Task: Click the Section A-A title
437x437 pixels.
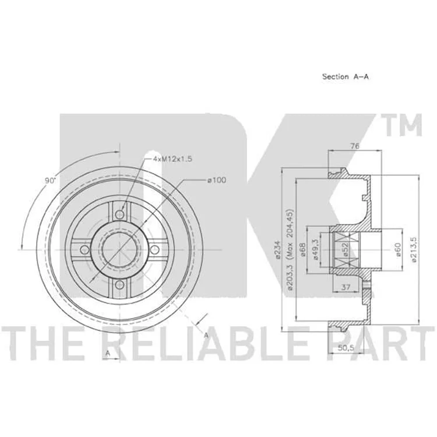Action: (x=346, y=77)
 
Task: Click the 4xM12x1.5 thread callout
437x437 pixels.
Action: (x=172, y=159)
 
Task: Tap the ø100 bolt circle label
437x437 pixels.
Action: (x=217, y=180)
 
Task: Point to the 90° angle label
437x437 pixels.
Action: (x=51, y=180)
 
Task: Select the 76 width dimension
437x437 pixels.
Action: (x=354, y=146)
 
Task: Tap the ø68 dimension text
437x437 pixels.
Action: (x=302, y=250)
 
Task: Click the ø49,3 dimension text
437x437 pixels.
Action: (x=316, y=250)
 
